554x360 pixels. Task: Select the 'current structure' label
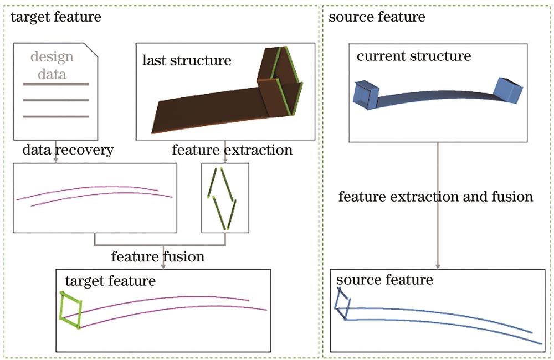(x=413, y=56)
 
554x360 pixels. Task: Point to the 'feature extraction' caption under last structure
(x=232, y=150)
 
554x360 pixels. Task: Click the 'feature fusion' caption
(x=158, y=256)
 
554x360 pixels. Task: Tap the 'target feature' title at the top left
(x=56, y=17)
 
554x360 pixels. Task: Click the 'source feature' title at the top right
(x=377, y=17)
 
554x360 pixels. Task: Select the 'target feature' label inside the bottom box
(x=110, y=280)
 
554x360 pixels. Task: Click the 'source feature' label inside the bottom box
(x=384, y=280)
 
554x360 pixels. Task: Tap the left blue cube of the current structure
(x=365, y=94)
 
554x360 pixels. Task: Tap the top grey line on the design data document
(x=55, y=84)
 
